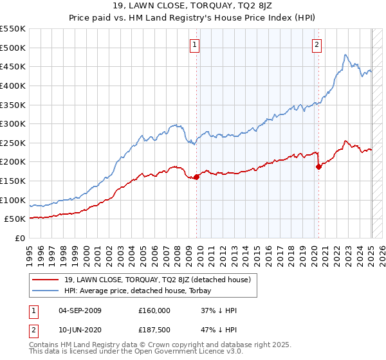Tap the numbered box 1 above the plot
[x=194, y=44]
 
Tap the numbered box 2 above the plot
[x=317, y=44]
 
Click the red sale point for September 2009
[x=196, y=177]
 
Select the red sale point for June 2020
[x=318, y=166]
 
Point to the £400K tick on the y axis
[x=14, y=85]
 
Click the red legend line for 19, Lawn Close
[x=46, y=280]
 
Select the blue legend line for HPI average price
[x=46, y=291]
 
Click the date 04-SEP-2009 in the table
[x=80, y=310]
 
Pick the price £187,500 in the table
[x=154, y=330]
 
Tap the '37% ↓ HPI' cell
[x=219, y=310]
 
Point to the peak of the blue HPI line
[x=345, y=55]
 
